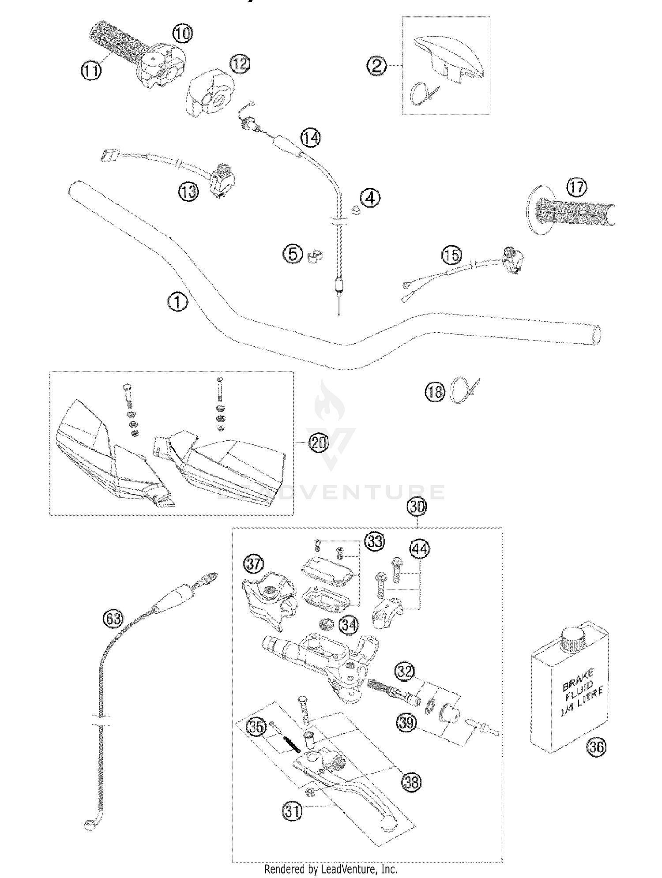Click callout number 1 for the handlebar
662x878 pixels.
177,303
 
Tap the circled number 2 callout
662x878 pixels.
376,66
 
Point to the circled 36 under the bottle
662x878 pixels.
597,747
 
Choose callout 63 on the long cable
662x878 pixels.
113,619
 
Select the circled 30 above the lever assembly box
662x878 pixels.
417,507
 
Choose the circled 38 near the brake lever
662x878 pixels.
411,782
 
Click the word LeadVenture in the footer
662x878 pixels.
346,869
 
